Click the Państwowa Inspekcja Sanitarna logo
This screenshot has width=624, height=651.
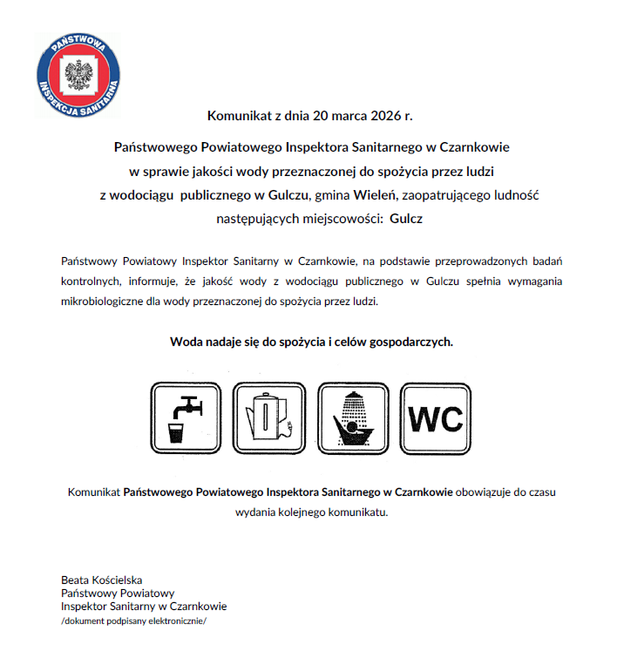[78, 76]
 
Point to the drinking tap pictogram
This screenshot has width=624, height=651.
[188, 418]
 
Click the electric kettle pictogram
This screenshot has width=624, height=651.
[271, 418]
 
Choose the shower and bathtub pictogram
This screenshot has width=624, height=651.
[353, 418]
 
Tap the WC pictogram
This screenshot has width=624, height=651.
[436, 418]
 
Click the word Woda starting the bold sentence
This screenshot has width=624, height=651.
[187, 342]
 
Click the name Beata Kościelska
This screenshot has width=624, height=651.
[101, 580]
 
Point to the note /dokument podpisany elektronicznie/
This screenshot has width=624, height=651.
[133, 621]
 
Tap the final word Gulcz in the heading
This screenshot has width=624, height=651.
[407, 219]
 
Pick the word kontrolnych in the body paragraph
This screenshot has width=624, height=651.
[91, 281]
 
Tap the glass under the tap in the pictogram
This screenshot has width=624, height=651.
[177, 434]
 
